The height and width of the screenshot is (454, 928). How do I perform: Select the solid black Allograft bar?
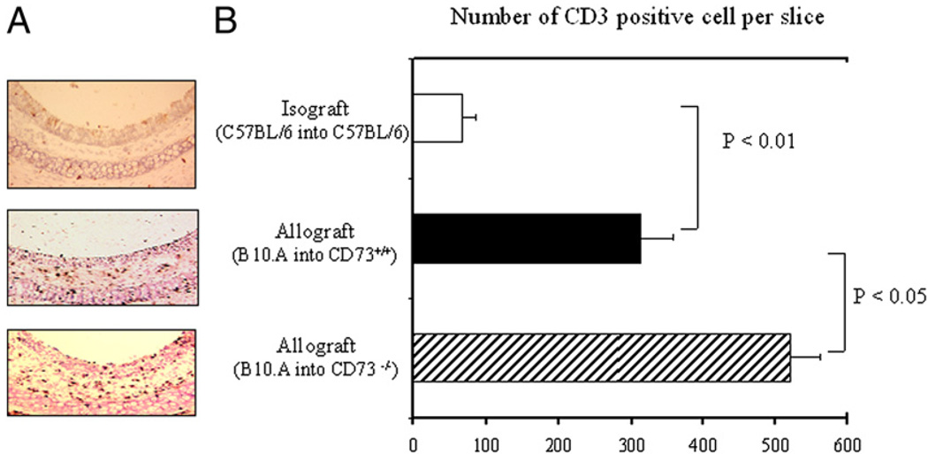tap(527, 238)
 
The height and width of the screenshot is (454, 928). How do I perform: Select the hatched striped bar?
tap(601, 358)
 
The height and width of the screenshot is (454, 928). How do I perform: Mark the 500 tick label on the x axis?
tap(775, 438)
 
